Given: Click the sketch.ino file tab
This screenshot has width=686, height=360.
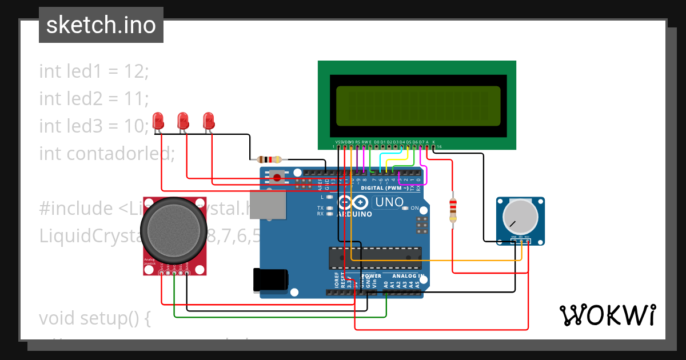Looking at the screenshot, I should pos(101,25).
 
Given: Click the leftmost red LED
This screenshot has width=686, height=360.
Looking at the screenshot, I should pos(158,121).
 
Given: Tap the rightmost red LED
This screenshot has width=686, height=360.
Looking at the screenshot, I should pos(209,121).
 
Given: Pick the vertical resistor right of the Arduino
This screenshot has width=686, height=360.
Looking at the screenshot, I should pos(453,209).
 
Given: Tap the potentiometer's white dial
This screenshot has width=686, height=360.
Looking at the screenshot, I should pos(520,217).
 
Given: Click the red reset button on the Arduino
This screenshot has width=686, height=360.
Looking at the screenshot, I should pos(277,177).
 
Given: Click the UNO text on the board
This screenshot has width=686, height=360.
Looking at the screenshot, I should pos(389,202).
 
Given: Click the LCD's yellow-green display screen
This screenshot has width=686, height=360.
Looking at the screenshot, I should pos(418,106).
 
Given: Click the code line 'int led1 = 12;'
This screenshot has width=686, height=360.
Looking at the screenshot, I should pos(94,71).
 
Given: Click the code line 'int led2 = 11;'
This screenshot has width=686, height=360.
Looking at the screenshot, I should pos(94,99).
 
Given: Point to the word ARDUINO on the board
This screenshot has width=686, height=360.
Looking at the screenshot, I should pos(354,214).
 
